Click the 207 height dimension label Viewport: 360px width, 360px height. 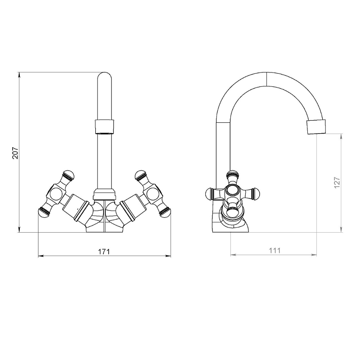point(15,153)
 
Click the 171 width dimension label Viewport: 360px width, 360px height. point(104,252)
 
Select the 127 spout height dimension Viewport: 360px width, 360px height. point(337,183)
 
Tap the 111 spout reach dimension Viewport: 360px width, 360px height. point(274,250)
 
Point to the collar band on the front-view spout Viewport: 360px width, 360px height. point(104,126)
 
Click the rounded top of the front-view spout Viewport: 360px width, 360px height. point(104,76)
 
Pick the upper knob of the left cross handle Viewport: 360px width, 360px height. point(68,175)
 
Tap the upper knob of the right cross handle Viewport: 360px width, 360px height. point(141,175)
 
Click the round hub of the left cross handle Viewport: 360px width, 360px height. point(55,193)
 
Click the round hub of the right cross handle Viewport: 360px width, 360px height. point(153,193)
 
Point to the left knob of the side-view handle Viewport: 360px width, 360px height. point(210,193)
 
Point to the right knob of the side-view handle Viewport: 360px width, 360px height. point(257,193)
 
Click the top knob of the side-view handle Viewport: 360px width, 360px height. point(232,175)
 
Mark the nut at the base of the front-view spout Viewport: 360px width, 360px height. point(104,194)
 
